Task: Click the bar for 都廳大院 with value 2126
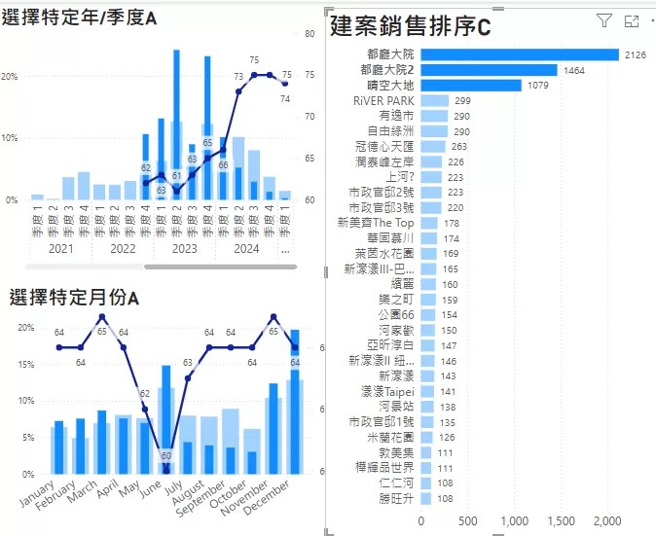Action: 520,54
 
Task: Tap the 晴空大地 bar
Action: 470,86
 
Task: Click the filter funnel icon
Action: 603,20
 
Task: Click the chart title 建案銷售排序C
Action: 410,26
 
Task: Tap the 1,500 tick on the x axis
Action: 561,520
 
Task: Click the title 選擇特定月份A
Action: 74,297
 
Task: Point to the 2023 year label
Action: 184,248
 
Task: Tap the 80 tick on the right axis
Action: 310,34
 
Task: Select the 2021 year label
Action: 61,248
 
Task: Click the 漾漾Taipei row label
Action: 386,391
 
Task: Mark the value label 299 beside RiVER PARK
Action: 462,101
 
